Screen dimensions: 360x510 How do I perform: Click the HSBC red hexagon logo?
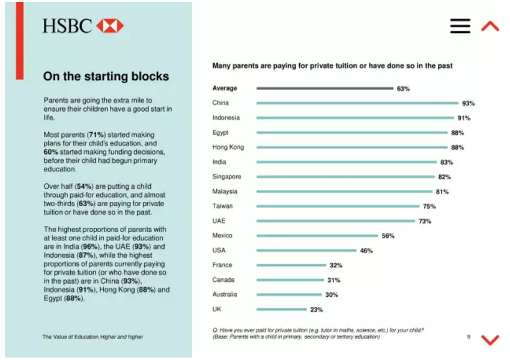click(109, 26)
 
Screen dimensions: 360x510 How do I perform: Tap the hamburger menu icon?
click(460, 26)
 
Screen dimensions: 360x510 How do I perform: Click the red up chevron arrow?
click(490, 26)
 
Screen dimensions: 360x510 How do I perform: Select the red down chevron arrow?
click(490, 340)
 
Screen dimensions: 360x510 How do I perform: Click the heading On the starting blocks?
click(106, 76)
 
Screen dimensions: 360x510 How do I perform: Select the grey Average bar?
click(324, 88)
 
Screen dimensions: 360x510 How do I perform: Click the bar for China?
click(357, 103)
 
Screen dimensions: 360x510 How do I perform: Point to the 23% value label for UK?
click(316, 310)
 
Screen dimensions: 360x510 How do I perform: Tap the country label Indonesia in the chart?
click(226, 118)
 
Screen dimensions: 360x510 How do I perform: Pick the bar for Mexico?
click(317, 236)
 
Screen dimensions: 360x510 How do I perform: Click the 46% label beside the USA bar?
click(366, 251)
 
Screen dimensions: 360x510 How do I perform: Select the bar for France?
click(291, 266)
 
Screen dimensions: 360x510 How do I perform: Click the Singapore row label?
click(226, 177)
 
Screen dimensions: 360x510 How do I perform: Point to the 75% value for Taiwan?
click(428, 207)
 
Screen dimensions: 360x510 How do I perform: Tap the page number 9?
click(469, 337)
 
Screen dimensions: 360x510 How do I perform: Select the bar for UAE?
click(336, 221)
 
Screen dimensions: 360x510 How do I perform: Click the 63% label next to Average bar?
click(403, 89)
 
